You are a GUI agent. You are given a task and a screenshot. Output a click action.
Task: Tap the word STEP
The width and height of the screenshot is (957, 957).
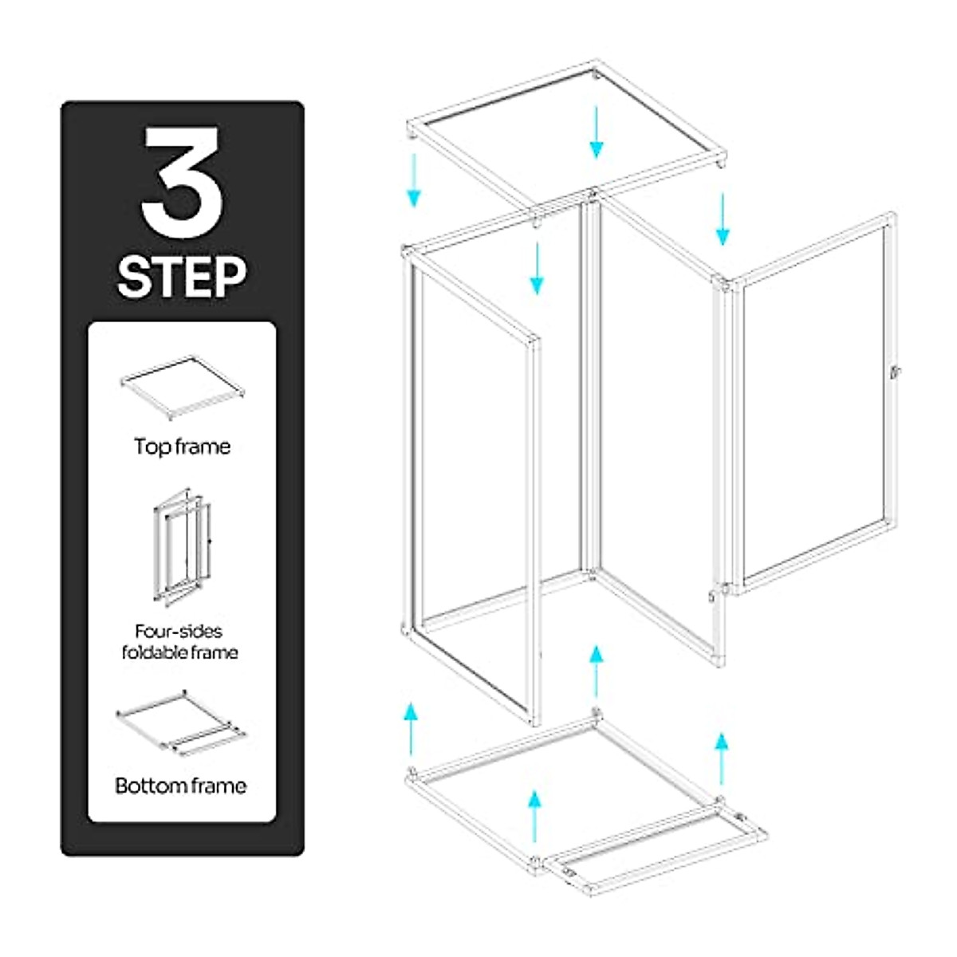[183, 276]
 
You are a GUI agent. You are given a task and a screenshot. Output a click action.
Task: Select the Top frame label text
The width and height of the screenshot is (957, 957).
[182, 447]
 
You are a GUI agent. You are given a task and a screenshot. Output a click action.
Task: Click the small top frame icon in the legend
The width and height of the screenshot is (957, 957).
[182, 388]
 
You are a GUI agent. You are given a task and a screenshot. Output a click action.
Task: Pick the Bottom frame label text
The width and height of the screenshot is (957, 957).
[181, 786]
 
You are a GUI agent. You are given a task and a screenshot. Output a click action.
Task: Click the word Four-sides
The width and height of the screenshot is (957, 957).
[179, 632]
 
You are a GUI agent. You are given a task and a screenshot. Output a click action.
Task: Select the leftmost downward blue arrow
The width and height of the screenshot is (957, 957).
[413, 180]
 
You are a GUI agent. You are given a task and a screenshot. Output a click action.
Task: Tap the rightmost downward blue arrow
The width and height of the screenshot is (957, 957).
[723, 219]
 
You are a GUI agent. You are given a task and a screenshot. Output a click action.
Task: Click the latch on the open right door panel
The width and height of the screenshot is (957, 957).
[895, 370]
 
